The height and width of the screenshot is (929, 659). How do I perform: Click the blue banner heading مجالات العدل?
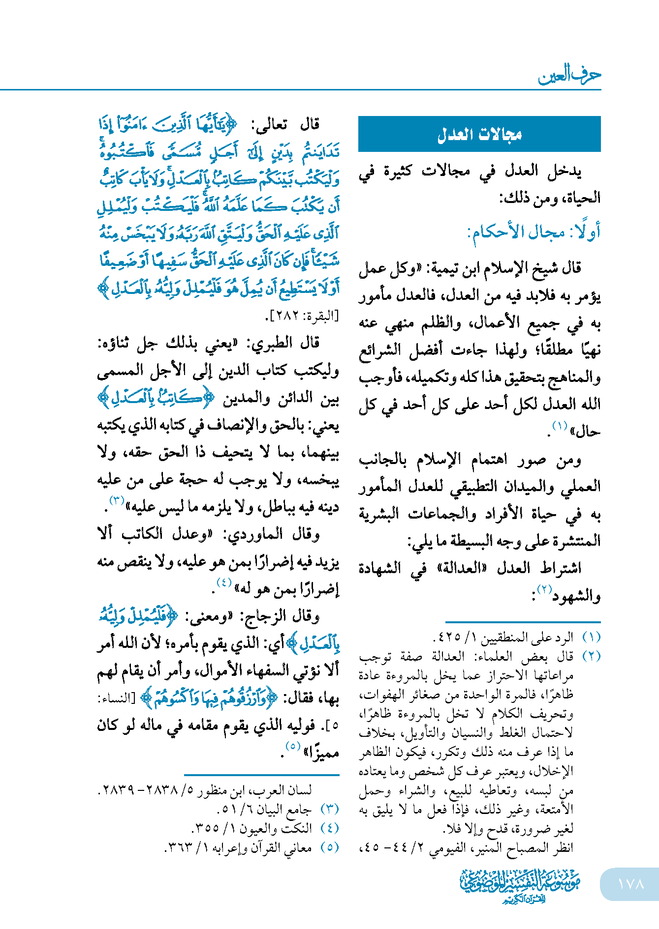(479, 134)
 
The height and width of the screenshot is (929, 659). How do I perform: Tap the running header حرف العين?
(569, 75)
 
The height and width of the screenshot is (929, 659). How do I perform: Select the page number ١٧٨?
(630, 884)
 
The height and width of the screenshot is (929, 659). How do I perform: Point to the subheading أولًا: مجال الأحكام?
(533, 232)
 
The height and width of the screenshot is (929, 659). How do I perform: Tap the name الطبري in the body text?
(273, 343)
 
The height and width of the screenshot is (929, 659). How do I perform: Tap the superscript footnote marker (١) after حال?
(560, 426)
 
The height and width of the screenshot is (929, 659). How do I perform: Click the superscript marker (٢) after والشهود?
(544, 589)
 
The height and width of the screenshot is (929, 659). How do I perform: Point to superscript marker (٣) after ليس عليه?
(116, 501)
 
